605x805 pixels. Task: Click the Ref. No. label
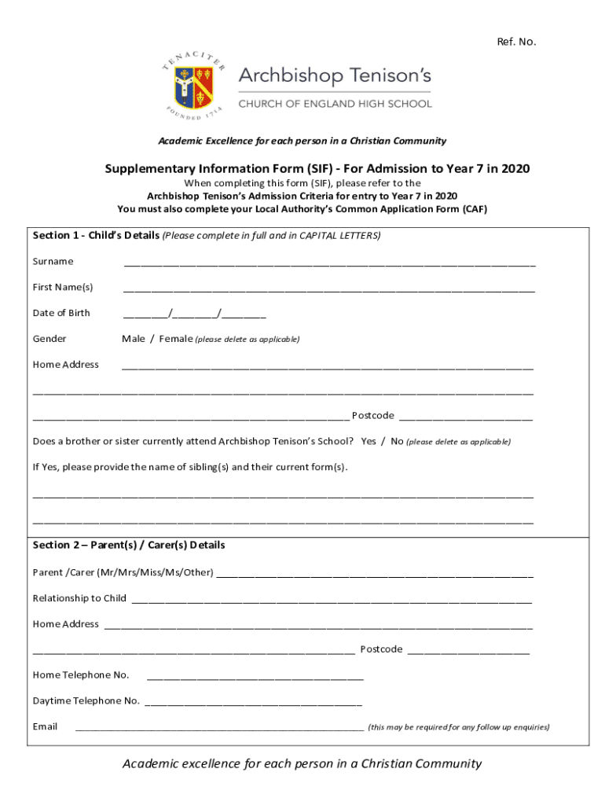(516, 42)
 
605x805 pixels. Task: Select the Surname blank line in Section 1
(329, 264)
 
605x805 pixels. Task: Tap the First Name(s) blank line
(329, 290)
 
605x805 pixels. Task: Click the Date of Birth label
(61, 313)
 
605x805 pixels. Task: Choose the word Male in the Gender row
(134, 339)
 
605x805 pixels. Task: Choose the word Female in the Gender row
(176, 339)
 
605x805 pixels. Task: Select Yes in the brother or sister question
(368, 442)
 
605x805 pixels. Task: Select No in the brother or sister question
(397, 442)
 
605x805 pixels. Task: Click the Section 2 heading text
(129, 545)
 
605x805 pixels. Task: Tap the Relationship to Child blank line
(332, 601)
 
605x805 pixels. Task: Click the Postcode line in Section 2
(468, 652)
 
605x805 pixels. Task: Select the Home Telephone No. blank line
(255, 678)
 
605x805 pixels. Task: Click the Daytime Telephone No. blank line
(253, 704)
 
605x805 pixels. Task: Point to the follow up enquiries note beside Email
(458, 728)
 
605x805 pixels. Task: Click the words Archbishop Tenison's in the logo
(334, 77)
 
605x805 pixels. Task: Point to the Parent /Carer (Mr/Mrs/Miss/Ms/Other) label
(123, 572)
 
